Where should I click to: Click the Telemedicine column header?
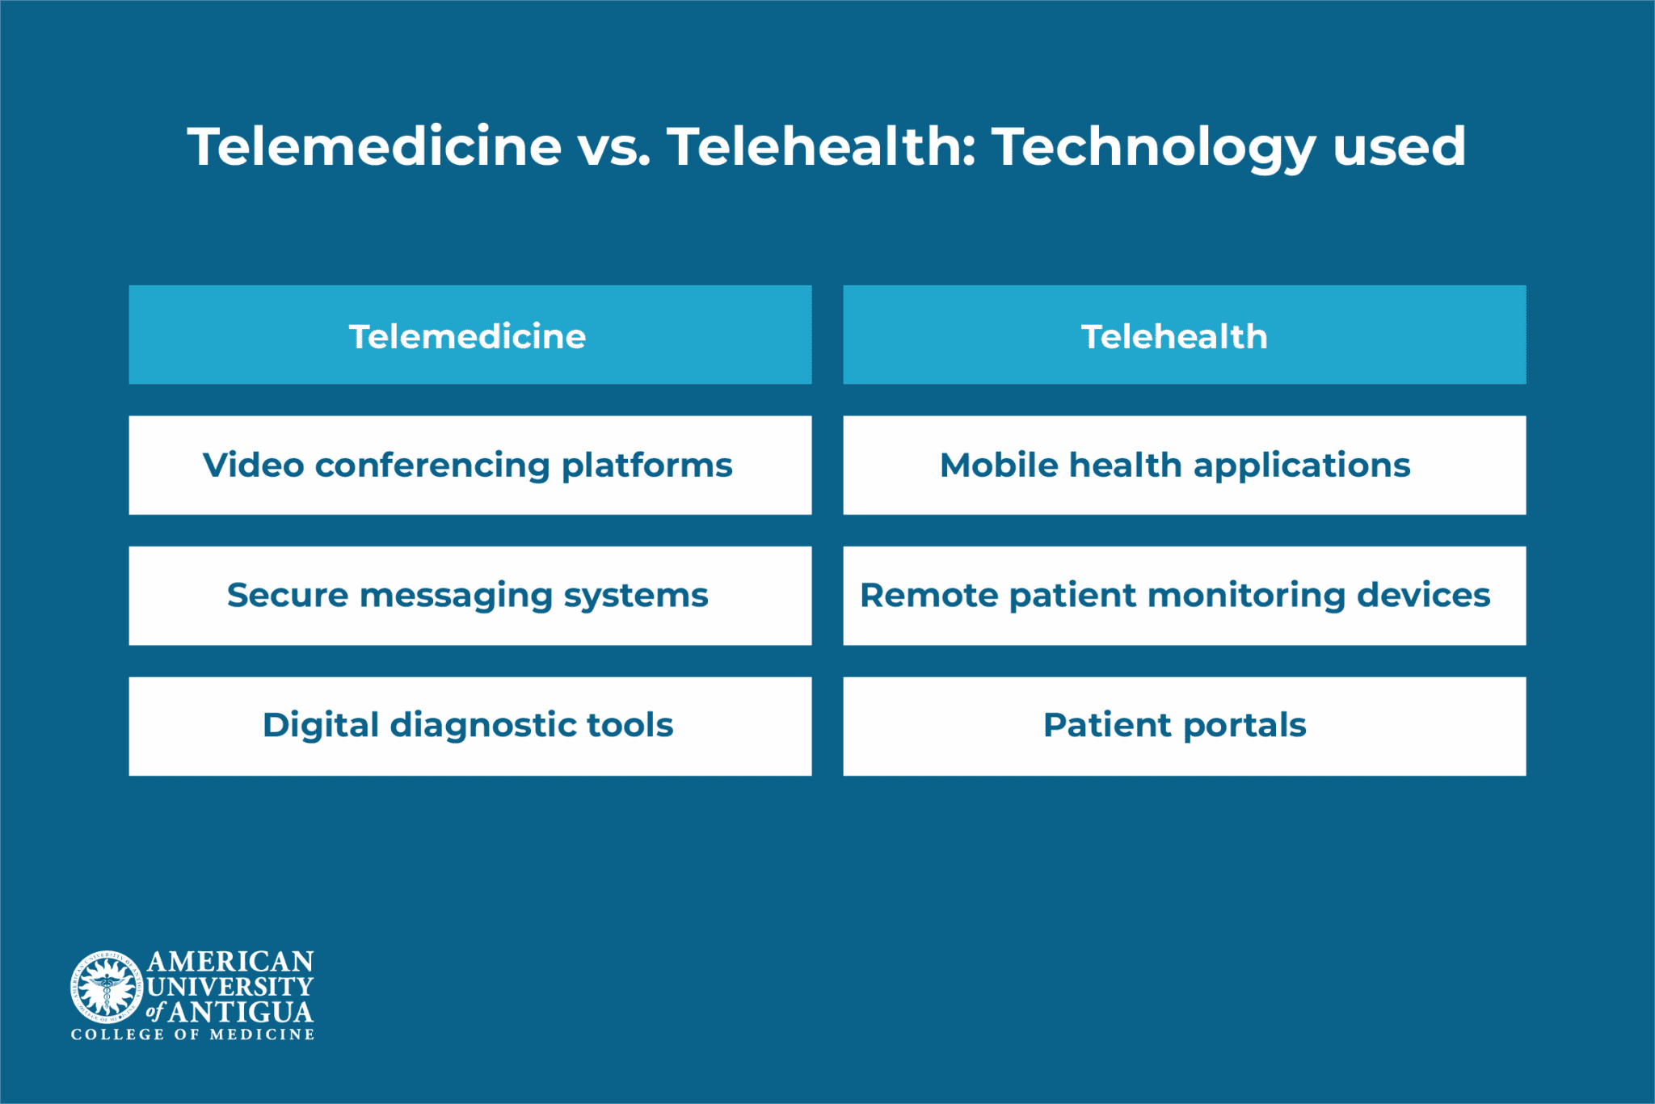tap(470, 335)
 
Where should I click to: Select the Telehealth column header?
tap(1184, 335)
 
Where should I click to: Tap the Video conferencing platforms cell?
tap(470, 466)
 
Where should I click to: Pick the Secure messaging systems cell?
tap(470, 596)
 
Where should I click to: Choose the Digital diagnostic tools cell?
tap(470, 726)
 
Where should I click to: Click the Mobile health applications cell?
tap(1184, 466)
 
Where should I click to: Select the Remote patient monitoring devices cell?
tap(1184, 596)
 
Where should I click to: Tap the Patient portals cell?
tap(1184, 726)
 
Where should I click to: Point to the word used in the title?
tap(1399, 148)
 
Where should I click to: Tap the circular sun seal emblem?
tap(106, 985)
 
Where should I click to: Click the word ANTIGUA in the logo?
tap(241, 1012)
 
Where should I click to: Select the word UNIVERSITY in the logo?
tap(230, 987)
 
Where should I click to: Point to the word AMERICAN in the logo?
tap(230, 962)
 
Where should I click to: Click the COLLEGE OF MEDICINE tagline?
tap(192, 1034)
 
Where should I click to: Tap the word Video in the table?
tap(253, 466)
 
